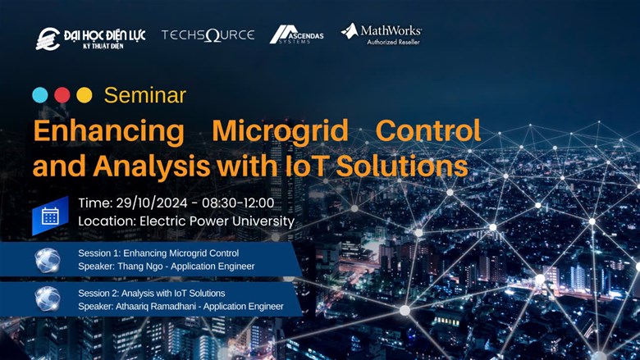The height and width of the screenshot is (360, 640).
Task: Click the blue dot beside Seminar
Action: point(40,95)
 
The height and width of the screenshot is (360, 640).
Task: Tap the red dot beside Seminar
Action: point(62,95)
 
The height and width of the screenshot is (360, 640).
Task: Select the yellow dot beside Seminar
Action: point(85,95)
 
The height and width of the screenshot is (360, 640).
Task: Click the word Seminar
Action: point(145,95)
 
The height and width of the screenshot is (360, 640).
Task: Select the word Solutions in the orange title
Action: point(402,166)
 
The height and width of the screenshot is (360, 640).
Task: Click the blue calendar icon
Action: point(50,216)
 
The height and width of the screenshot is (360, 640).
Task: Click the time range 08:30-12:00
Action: point(238,203)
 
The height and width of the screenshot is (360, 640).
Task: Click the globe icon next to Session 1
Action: point(48,260)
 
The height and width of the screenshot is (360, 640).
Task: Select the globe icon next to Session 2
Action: point(48,298)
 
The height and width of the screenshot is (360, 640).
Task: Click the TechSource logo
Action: point(208,35)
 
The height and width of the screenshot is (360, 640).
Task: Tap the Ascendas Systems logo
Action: point(296,34)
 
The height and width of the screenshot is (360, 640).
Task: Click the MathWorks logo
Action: point(382,34)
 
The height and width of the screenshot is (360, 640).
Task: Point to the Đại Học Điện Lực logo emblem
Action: point(48,39)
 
